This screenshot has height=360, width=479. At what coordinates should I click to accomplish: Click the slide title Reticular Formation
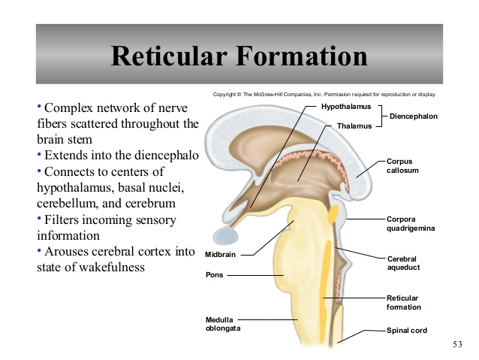click(x=239, y=56)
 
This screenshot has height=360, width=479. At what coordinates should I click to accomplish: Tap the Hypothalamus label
click(x=346, y=107)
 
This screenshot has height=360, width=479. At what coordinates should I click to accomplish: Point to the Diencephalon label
click(x=414, y=116)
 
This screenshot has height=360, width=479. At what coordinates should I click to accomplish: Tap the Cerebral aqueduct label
click(x=404, y=262)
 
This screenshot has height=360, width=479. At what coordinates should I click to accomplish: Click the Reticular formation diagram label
click(x=404, y=302)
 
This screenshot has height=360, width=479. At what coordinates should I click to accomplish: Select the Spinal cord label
click(x=407, y=330)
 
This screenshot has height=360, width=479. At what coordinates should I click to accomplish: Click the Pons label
click(x=214, y=274)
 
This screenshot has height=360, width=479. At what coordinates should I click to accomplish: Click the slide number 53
click(x=458, y=344)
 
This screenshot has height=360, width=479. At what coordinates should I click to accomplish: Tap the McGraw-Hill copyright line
click(x=324, y=95)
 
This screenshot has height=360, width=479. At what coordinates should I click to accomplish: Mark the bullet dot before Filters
click(x=39, y=219)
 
